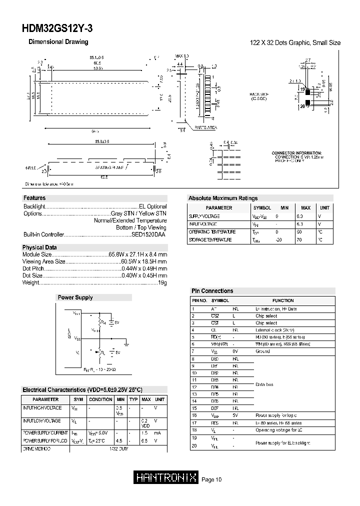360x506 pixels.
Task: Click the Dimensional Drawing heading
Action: point(58,42)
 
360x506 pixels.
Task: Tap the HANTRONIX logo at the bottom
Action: point(167,478)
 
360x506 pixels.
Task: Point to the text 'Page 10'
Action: point(211,480)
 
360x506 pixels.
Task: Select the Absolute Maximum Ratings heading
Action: point(223,198)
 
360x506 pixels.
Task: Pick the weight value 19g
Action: point(162,282)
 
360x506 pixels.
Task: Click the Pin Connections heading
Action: point(212,290)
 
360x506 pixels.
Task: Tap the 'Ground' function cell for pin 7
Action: point(262,351)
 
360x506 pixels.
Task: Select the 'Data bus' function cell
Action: point(264,384)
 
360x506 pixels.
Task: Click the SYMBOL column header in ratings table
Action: point(262,207)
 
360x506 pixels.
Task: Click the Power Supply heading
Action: point(75,297)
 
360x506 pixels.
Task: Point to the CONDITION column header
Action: point(100,399)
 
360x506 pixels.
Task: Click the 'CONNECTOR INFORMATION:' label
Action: point(296,153)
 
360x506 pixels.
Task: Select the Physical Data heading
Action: point(39,247)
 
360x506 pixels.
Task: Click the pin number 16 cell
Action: point(194,415)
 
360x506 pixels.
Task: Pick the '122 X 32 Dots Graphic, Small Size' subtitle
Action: point(295,43)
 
